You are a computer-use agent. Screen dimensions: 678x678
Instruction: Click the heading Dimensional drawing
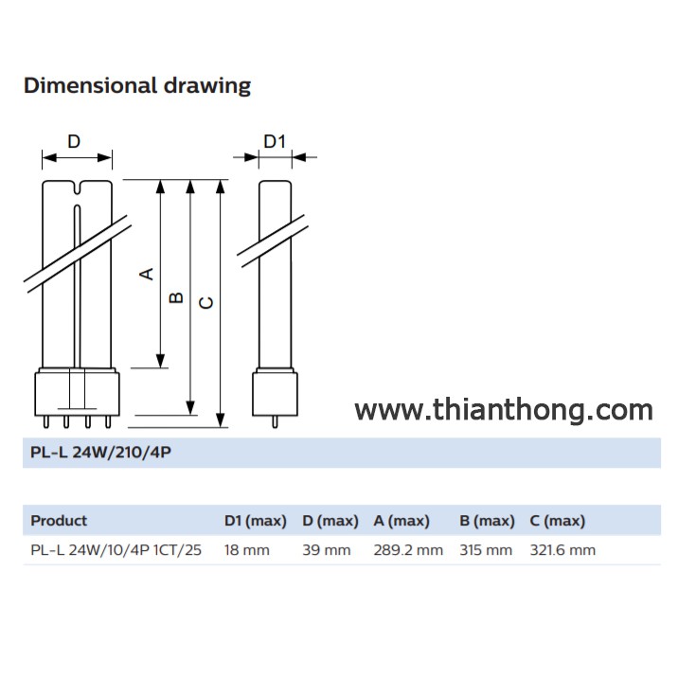[x=137, y=86]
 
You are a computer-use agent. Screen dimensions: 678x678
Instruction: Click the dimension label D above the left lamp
[x=74, y=142]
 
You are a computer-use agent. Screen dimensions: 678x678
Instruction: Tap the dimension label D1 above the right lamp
[x=274, y=142]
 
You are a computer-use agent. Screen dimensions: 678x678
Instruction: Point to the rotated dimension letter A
[x=147, y=274]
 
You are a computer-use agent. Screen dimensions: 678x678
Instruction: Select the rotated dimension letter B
[x=176, y=298]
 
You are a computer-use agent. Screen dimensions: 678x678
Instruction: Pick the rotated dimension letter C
[x=206, y=302]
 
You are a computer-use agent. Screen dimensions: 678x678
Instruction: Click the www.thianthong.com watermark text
[x=504, y=410]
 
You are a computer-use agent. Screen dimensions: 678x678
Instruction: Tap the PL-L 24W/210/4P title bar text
[x=99, y=453]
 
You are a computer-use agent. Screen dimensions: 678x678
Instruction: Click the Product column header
[x=59, y=521]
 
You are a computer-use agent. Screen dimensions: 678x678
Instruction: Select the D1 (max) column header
[x=255, y=521]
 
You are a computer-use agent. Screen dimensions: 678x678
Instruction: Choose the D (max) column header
[x=330, y=521]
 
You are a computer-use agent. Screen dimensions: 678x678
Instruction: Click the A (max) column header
[x=401, y=521]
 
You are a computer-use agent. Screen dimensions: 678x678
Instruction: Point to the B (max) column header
[x=487, y=521]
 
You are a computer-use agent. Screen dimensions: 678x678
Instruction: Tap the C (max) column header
[x=558, y=521]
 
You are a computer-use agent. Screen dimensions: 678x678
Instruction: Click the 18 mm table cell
[x=247, y=550]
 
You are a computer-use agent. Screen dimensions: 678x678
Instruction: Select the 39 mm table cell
[x=327, y=550]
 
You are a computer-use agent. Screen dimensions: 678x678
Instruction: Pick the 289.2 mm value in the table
[x=408, y=550]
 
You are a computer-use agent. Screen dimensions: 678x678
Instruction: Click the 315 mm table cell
[x=486, y=550]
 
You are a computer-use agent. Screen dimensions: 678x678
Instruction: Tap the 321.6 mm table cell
[x=562, y=550]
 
